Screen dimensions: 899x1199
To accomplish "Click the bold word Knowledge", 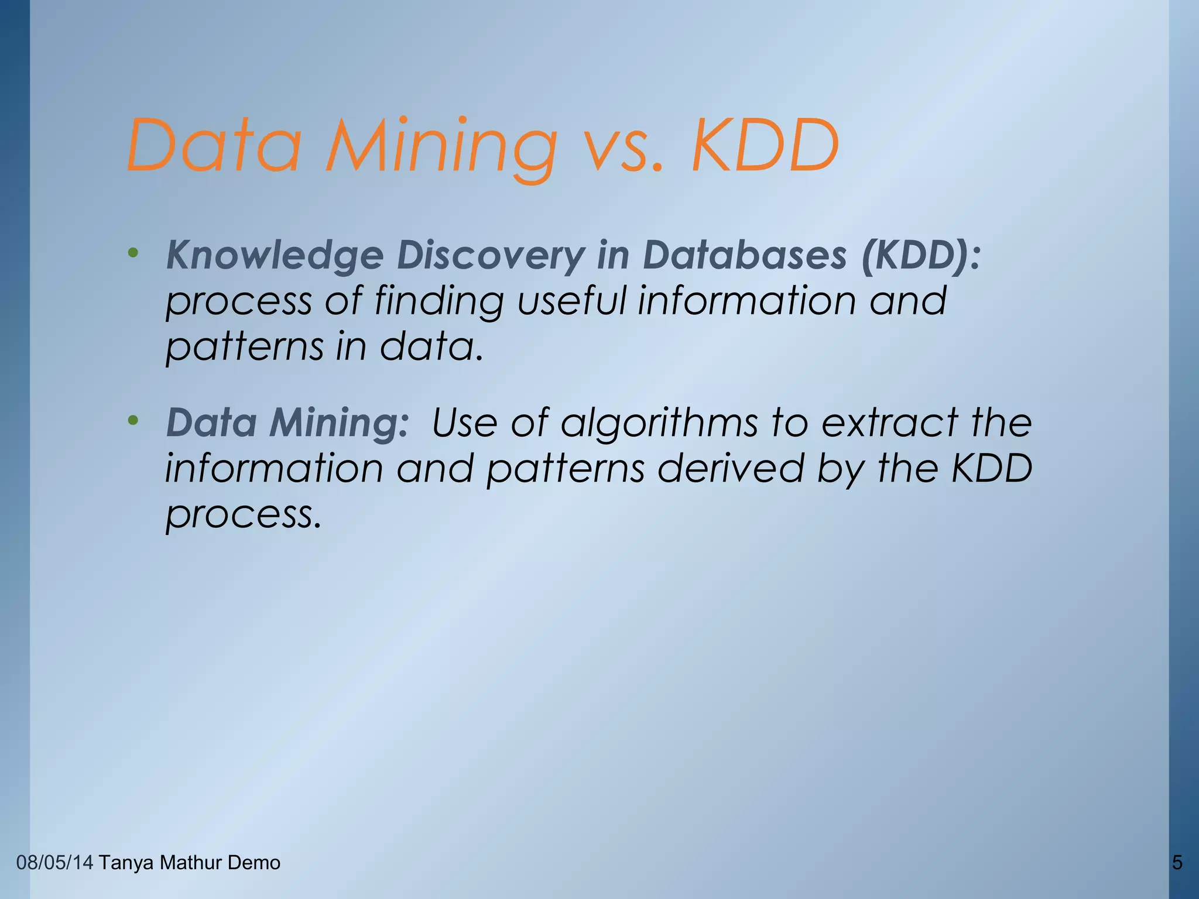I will coord(275,256).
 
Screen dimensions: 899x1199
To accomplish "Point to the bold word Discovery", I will coord(491,256).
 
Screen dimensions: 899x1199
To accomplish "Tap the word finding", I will coord(439,301).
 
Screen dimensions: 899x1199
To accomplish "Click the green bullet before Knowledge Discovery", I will coord(133,253).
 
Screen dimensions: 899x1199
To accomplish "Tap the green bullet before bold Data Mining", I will coord(133,420).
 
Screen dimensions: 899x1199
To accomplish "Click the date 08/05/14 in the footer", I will coord(54,863).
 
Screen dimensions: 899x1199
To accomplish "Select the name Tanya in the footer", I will coord(126,863).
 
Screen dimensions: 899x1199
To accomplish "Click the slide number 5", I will coord(1177,863).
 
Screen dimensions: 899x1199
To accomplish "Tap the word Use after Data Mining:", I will coord(464,423).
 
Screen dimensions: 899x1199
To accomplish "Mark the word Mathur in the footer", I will coord(190,863).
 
